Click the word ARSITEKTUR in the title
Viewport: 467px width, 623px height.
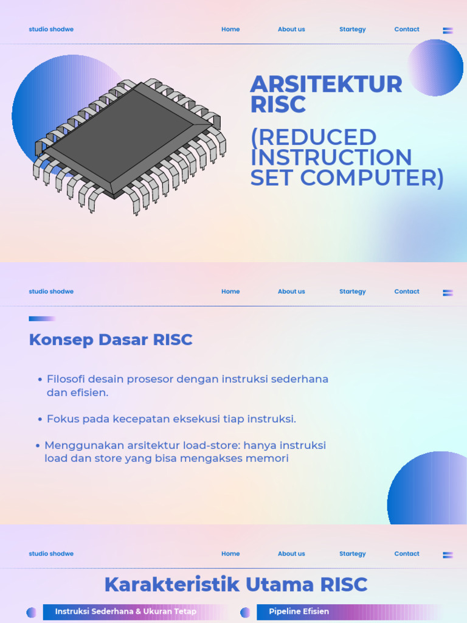coord(326,85)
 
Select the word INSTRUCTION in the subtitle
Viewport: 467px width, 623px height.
coord(331,157)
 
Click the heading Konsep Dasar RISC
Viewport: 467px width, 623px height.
coord(111,339)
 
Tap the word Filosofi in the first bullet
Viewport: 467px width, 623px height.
coord(68,379)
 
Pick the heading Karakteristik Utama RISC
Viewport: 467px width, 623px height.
coord(236,585)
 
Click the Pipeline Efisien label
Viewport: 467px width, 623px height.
coord(299,611)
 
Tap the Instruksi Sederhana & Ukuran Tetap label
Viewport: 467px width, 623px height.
coord(126,611)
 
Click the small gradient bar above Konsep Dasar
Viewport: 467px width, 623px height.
coord(42,319)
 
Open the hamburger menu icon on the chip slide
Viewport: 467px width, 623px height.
coord(448,30)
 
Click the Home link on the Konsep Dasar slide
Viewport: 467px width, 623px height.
coord(230,291)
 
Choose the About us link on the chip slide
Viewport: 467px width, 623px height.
coord(291,29)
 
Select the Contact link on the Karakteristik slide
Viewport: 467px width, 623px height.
coord(407,554)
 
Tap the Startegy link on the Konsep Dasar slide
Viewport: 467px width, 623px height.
coord(353,291)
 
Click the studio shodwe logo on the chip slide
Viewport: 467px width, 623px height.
coord(51,29)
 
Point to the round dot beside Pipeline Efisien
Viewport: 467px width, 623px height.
coord(245,612)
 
